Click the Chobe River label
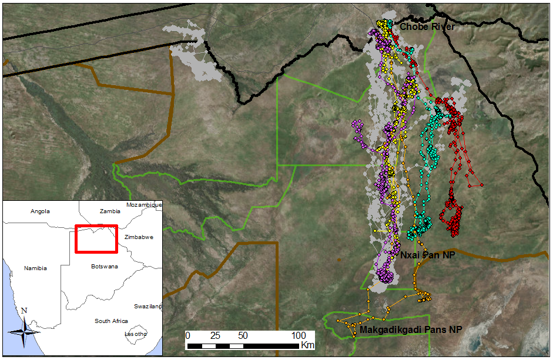point(427,27)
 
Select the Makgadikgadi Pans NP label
point(410,330)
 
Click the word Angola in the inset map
point(40,211)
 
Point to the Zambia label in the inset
point(110,211)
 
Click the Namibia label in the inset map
point(35,268)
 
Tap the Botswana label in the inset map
point(104,267)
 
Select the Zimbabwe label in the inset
point(139,237)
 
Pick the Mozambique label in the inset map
point(143,205)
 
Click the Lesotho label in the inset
point(136,334)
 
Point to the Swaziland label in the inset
point(148,307)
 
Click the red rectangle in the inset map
point(96,239)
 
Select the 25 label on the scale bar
point(216,335)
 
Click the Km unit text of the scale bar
point(307,344)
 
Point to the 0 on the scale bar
point(187,335)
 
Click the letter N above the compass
point(24,311)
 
